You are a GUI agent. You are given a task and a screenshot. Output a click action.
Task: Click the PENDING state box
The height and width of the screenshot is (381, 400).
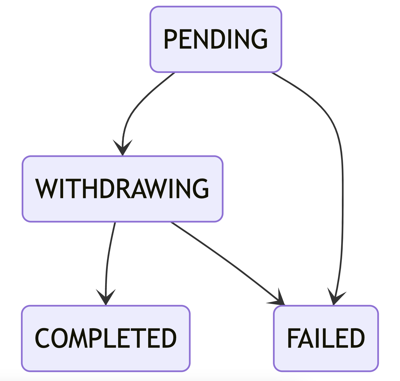coord(216,39)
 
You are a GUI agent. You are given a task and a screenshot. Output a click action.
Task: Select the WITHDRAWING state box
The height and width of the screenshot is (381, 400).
coord(122,189)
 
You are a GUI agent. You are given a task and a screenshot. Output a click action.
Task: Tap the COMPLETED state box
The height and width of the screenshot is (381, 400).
coord(106,338)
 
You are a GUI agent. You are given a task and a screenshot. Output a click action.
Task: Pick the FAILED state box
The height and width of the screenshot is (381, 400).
coord(326,338)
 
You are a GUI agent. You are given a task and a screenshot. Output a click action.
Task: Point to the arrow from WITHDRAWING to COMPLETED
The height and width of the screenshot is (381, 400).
coord(108,259)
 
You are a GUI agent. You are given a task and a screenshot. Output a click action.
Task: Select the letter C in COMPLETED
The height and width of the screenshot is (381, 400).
coord(42,338)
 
